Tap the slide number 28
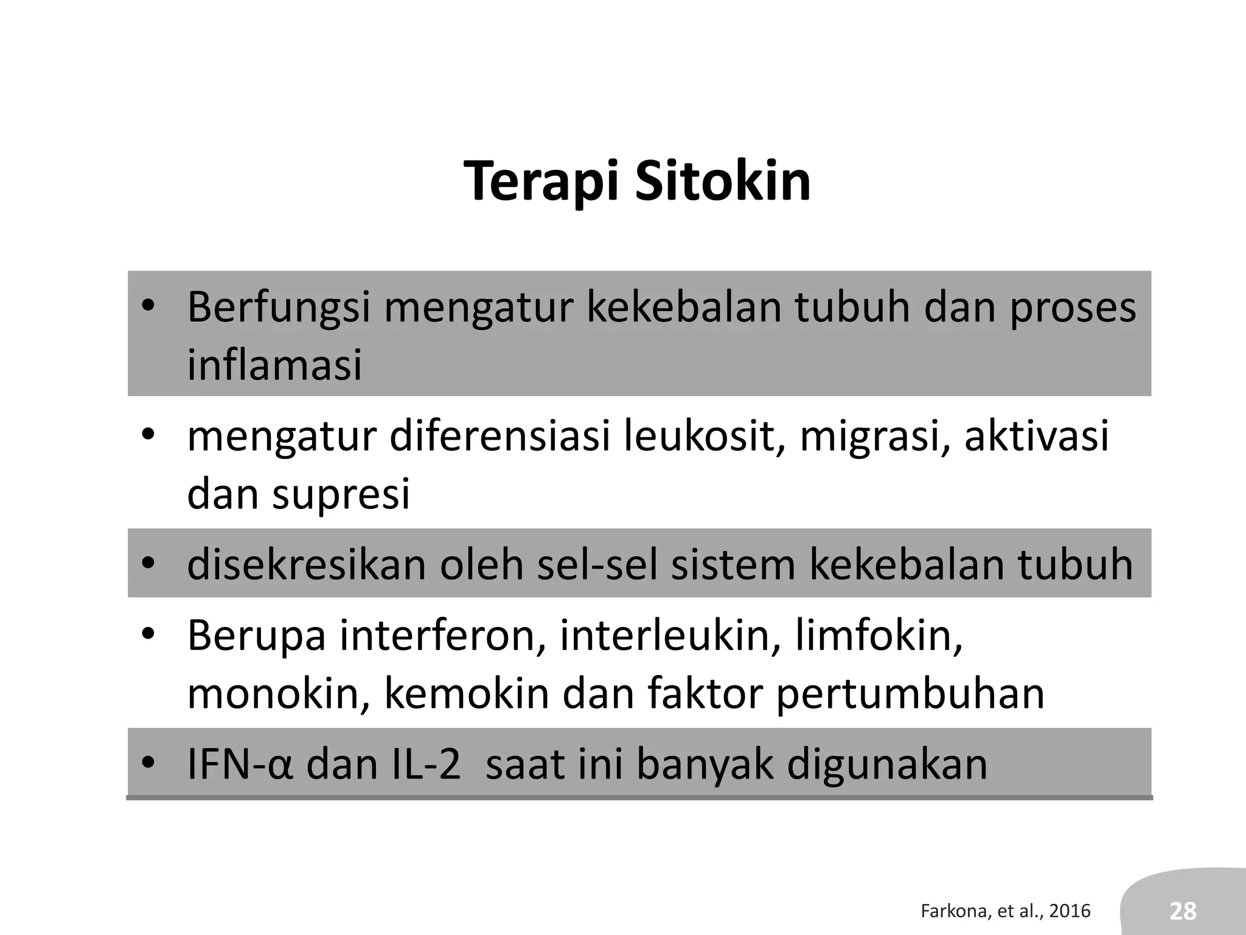[x=1183, y=911]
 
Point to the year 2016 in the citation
[x=1070, y=911]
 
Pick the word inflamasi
[x=274, y=365]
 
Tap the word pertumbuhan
[x=910, y=694]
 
